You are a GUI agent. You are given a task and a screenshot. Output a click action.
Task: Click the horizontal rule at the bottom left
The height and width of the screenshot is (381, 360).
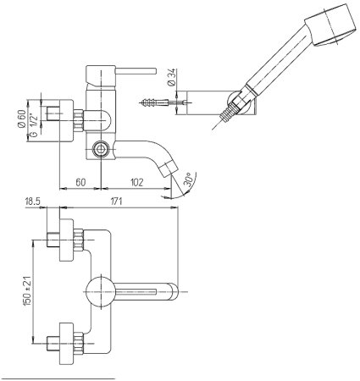click(59, 373)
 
